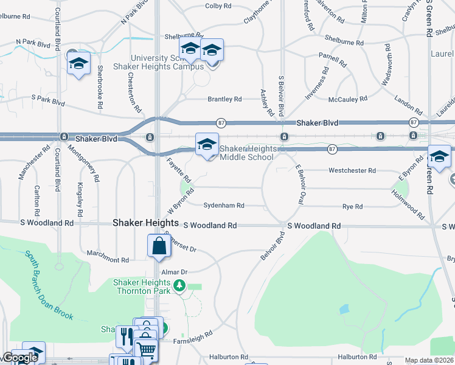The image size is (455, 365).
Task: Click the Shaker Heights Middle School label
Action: (247, 153)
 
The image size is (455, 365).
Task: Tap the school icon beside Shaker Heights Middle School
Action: (207, 145)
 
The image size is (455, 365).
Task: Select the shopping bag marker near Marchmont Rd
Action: (159, 246)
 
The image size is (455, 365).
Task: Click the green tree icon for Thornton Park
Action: (179, 285)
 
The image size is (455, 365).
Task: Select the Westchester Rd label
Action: (352, 171)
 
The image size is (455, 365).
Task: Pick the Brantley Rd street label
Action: (224, 99)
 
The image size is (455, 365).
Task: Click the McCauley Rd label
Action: (347, 99)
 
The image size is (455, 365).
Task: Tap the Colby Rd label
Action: (218, 5)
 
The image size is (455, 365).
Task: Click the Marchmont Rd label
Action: (108, 260)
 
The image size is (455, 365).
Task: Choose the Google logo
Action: (19, 358)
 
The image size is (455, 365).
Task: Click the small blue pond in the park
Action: (345, 309)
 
